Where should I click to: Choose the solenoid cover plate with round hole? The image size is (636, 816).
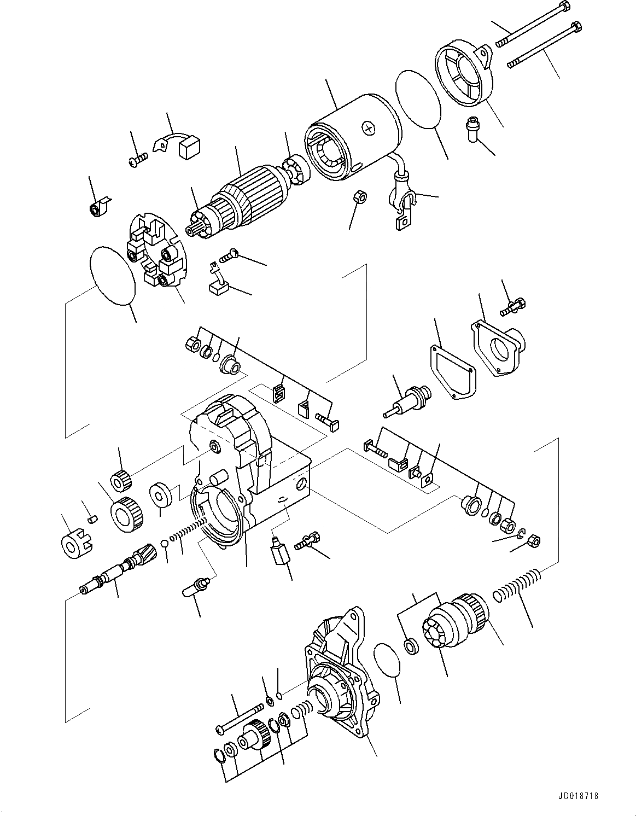click(498, 348)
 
